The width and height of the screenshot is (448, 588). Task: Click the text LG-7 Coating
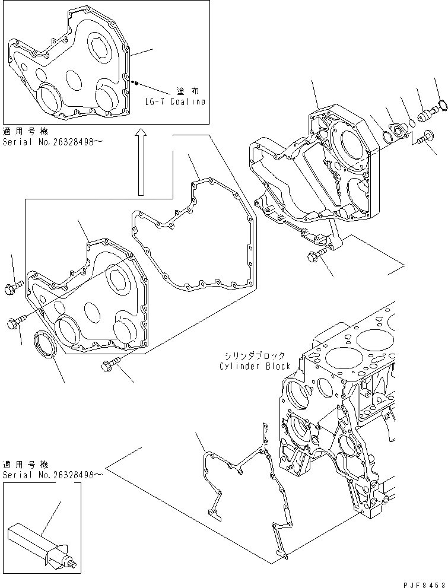(176, 101)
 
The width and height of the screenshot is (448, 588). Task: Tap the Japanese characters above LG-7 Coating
(188, 91)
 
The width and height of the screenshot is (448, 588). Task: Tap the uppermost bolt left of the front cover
(14, 289)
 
